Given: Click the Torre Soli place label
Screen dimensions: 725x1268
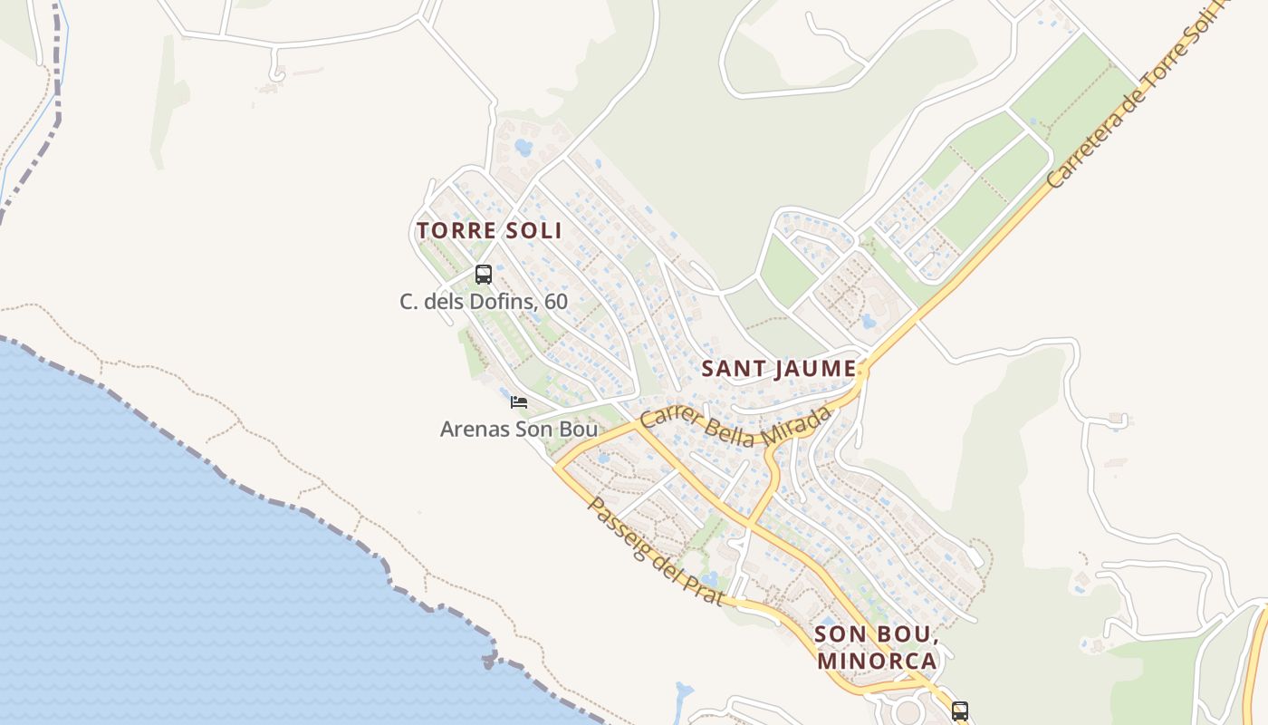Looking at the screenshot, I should coord(489,230).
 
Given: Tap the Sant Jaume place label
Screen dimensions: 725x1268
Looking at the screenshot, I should coord(779,369).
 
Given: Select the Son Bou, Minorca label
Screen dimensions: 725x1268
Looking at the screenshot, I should coord(875,646).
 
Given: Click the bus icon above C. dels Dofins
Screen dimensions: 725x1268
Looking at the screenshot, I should coord(484,274).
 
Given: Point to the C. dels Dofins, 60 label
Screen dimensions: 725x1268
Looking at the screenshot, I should coord(484,301).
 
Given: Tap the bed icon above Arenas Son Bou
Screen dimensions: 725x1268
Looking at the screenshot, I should coord(519,401).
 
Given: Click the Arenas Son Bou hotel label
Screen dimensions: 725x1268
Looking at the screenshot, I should coord(519,429).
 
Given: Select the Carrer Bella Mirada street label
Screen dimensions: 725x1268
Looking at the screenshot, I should coord(735,430).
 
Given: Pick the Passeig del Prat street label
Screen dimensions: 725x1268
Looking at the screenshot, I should coord(655,551).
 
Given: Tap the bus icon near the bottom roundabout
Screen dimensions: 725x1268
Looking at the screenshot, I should coord(960,710).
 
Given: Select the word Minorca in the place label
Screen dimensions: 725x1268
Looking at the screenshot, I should coord(877,660).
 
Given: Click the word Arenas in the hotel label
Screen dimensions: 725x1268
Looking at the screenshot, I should coord(474,429).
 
